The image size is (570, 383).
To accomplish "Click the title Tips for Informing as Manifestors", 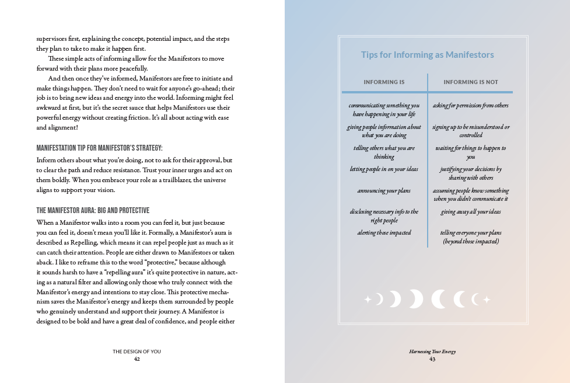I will point(427,55).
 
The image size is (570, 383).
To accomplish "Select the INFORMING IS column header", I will point(384,82).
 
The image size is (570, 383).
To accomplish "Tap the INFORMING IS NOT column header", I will point(470,82).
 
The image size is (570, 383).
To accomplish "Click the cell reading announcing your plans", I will point(384,191).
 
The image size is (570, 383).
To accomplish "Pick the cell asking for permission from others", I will point(470,106).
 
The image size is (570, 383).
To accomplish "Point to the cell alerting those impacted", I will point(384,233).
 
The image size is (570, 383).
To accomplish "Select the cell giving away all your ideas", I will point(470,212).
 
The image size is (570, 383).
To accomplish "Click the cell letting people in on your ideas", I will point(384,169).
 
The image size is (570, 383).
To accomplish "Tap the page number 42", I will point(137,359).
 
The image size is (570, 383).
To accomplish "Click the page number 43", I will point(432,359).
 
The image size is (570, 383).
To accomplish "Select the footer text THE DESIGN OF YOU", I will point(137,351).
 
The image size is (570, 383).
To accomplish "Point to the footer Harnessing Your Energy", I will point(432,351).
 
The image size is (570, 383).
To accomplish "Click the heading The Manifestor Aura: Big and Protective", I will point(93,210).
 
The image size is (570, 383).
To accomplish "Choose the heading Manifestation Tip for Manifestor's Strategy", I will point(99,148).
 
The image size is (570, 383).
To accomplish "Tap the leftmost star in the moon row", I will point(368,300).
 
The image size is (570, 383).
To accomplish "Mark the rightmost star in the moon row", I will point(487,300).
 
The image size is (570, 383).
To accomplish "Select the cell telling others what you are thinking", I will point(384,152).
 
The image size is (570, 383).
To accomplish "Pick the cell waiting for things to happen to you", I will point(470,152).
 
